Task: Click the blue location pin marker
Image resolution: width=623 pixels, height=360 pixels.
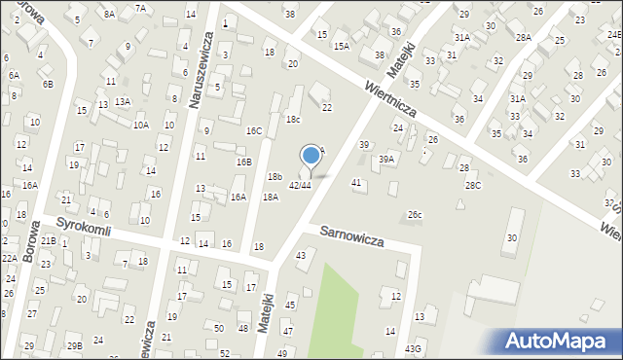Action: click(311, 156)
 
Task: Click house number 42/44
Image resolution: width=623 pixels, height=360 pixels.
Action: click(300, 185)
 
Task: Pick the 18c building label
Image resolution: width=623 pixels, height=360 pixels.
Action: click(293, 119)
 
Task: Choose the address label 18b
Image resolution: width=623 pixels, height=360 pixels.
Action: click(275, 176)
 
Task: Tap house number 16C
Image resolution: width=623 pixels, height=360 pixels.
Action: click(254, 130)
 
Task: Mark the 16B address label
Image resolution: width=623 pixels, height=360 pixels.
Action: click(243, 162)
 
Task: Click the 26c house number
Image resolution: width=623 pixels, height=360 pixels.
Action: click(415, 214)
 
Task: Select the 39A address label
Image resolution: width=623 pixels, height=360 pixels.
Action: click(387, 159)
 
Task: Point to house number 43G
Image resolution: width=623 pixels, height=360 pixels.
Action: click(414, 348)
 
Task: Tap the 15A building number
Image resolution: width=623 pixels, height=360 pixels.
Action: click(341, 46)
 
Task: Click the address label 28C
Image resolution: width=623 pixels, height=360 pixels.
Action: click(472, 185)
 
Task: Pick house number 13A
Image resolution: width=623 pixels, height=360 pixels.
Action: click(122, 101)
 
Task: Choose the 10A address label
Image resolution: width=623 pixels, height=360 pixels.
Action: click(141, 125)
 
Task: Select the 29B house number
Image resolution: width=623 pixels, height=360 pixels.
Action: click(74, 346)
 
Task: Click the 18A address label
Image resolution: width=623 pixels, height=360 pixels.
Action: click(270, 197)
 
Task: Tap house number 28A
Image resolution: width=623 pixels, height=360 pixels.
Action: click(523, 37)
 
